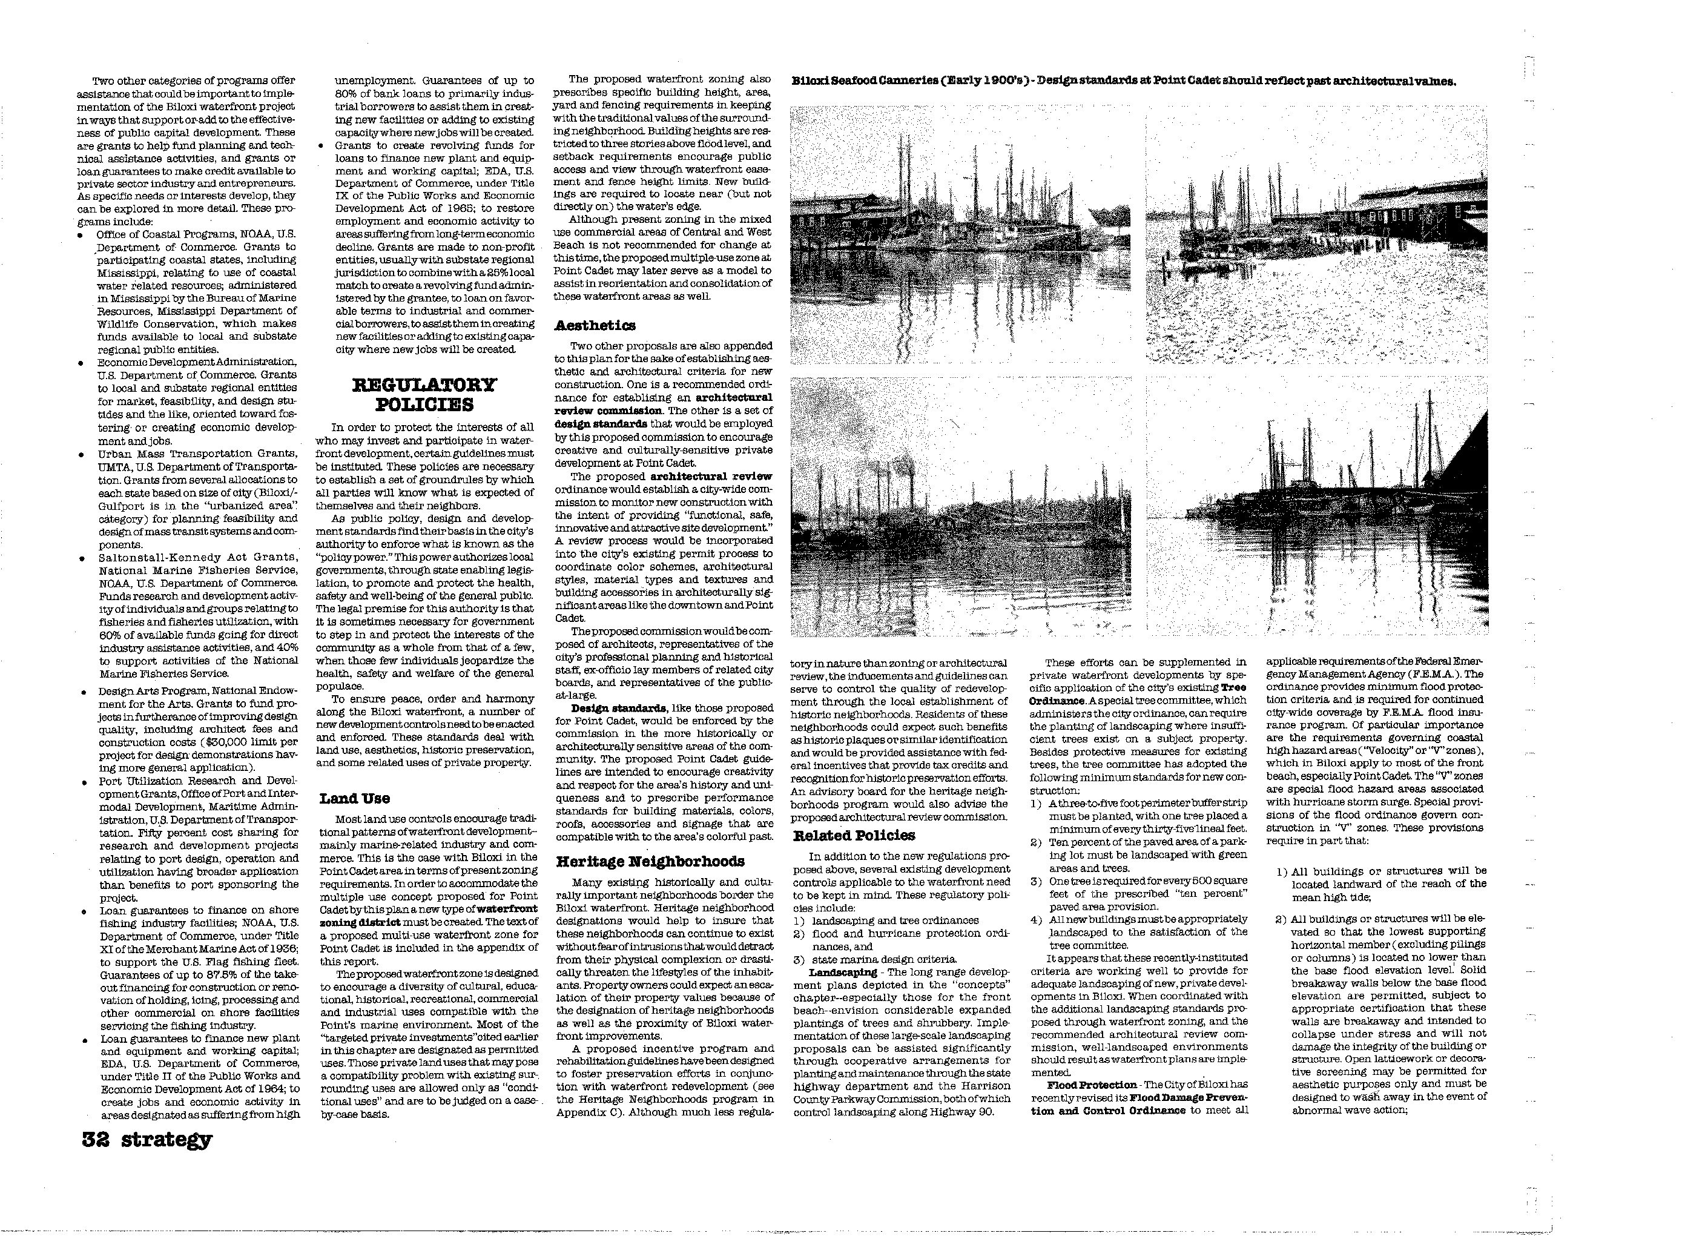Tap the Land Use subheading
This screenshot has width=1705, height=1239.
pos(354,798)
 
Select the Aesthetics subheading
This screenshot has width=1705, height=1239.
pos(595,326)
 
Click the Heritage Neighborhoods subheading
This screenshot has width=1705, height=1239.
pos(650,862)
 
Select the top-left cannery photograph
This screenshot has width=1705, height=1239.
pos(960,234)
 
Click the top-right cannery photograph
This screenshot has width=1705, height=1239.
pos(1316,234)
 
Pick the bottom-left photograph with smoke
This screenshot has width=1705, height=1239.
pos(960,506)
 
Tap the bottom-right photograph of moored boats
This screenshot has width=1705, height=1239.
pos(1316,506)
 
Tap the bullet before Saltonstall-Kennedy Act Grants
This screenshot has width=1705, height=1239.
pos(81,558)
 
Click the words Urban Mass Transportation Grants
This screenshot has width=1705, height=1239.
pos(197,454)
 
